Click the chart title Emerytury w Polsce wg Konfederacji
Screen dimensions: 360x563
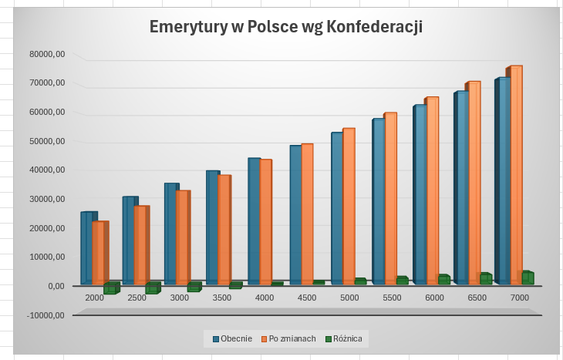(286, 27)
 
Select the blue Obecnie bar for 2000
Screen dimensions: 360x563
(89, 247)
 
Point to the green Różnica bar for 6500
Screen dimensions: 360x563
(486, 278)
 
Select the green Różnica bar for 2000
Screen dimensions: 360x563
(111, 288)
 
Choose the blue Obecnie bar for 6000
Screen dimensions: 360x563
(421, 193)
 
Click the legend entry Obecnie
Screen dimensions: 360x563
(231, 339)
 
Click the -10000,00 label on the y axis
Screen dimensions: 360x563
(46, 315)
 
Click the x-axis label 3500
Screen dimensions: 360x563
(221, 298)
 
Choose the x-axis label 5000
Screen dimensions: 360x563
(349, 298)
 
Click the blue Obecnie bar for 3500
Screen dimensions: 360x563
(213, 227)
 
